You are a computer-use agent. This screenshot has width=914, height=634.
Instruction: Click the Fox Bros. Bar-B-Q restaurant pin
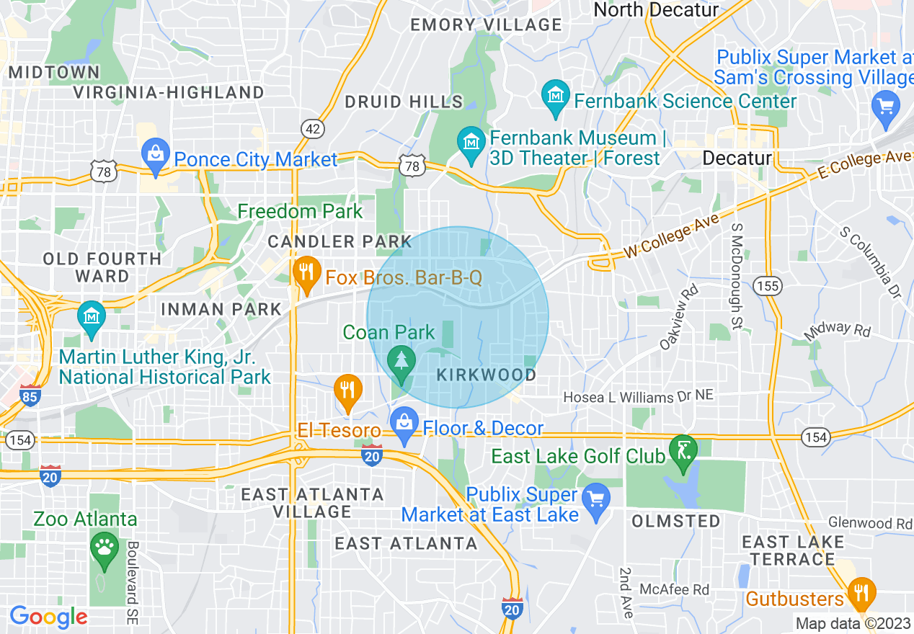point(306,274)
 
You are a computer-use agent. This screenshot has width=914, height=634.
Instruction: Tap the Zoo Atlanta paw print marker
point(105,550)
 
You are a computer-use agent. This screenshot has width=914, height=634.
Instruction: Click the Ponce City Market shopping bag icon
point(155,155)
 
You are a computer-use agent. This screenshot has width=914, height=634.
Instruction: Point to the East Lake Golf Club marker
point(683,452)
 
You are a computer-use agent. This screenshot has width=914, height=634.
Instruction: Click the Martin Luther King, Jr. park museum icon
point(92,318)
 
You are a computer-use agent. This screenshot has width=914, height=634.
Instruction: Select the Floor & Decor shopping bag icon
point(404,425)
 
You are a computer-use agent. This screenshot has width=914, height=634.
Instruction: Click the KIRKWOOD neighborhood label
point(487,375)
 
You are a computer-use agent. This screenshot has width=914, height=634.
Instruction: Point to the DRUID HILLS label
point(404,102)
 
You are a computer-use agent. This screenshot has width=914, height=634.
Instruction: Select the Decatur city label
point(737,158)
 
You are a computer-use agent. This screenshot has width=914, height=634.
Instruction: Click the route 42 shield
point(312,129)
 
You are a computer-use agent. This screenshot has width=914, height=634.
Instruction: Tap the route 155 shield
point(768,286)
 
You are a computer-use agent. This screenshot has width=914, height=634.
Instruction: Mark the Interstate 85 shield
point(30,396)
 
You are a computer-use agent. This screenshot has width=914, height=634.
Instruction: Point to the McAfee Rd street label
point(674,589)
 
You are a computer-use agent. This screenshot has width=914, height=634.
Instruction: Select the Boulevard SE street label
point(132,582)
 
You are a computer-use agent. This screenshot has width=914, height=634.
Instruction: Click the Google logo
point(48,617)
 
